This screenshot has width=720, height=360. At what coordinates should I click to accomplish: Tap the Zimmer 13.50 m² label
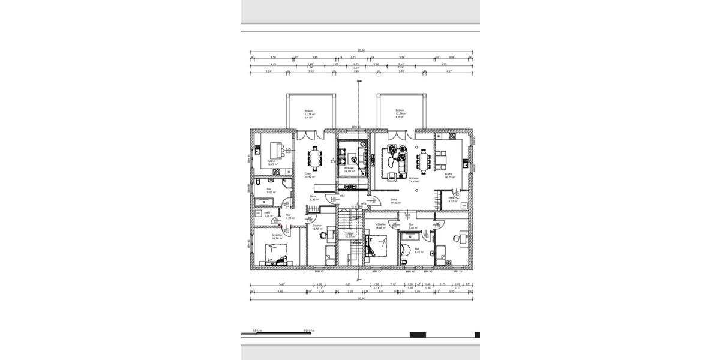click(316, 227)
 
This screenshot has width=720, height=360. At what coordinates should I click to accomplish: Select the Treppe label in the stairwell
click(348, 235)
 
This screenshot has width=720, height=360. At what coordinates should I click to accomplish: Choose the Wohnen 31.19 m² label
click(413, 180)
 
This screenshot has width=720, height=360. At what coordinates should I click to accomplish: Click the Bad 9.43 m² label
click(418, 251)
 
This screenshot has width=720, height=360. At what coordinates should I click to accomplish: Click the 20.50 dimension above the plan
click(361, 52)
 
